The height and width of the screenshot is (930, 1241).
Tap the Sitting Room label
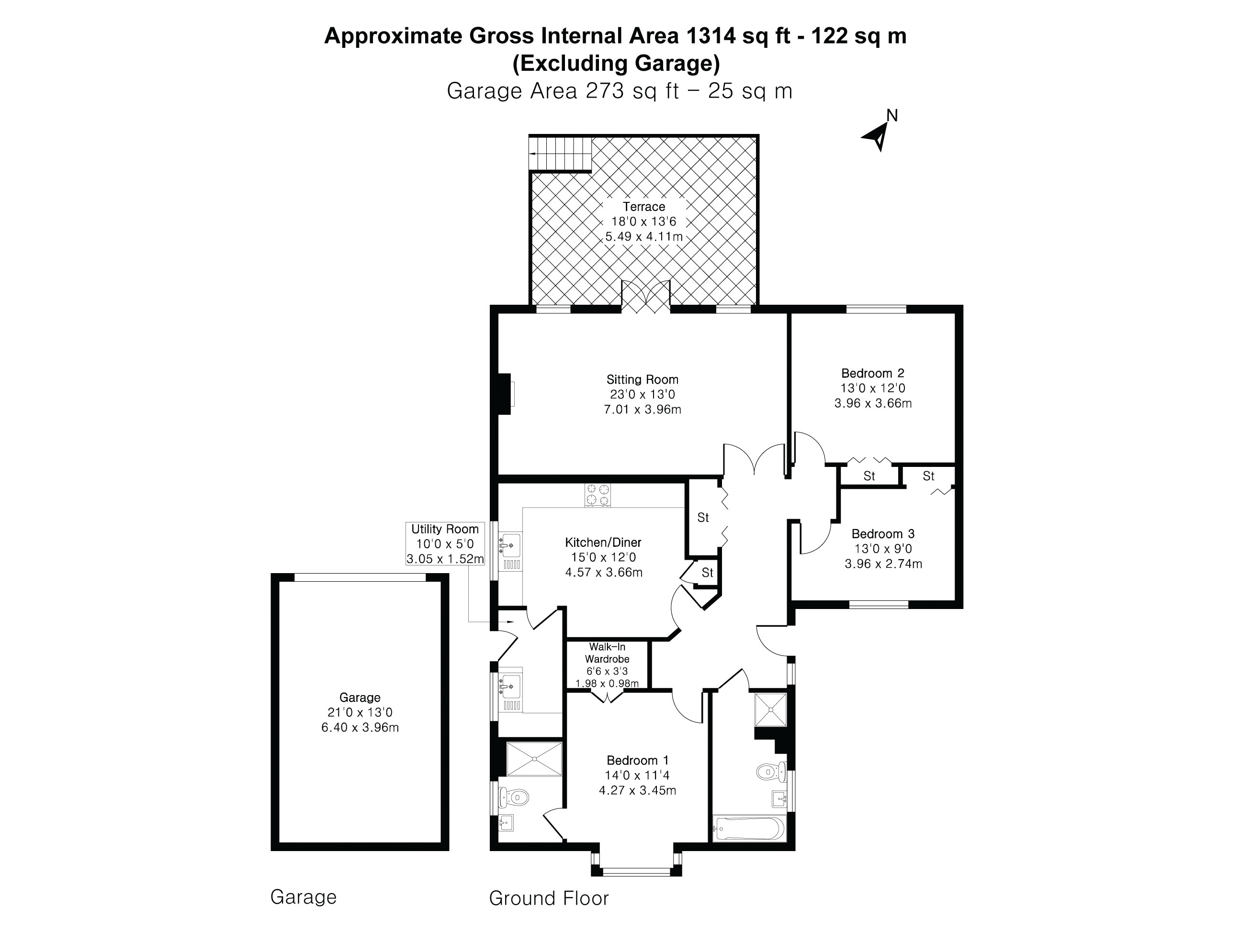[643, 379]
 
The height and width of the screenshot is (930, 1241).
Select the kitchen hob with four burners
[598, 495]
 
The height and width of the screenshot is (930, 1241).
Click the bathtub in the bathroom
[749, 828]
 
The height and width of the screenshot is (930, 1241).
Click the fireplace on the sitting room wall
[506, 394]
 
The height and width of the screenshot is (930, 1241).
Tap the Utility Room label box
[445, 543]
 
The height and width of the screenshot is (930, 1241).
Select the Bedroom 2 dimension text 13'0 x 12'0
[872, 388]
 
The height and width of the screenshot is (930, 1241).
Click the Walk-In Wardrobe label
[607, 653]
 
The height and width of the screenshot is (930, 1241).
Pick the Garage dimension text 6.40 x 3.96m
[360, 728]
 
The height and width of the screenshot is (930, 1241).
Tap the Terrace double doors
[646, 298]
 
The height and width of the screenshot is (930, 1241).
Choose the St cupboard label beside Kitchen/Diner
[703, 518]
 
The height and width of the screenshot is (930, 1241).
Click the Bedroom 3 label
[882, 534]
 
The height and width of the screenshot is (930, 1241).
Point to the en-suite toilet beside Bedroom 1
[515, 797]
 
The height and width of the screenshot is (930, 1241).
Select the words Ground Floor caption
[549, 898]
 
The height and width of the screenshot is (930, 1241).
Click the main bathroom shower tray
[771, 709]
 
